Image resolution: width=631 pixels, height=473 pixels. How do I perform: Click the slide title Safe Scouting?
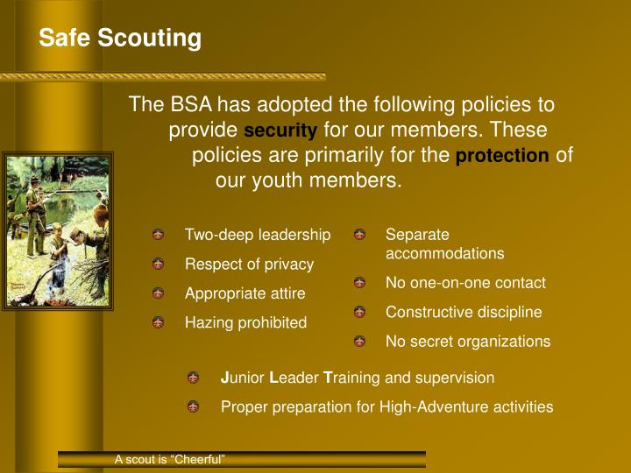click(120, 39)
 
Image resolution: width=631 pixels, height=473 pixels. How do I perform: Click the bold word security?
click(280, 131)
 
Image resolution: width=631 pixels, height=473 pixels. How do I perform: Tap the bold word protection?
click(503, 156)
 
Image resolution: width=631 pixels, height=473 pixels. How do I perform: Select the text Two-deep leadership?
click(257, 235)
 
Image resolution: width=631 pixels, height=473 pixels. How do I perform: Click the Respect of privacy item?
click(248, 264)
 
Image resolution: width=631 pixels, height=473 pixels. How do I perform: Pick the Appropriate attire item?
click(245, 293)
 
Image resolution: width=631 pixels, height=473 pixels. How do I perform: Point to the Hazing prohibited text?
click(245, 322)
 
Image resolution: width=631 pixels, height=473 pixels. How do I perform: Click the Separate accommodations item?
click(444, 244)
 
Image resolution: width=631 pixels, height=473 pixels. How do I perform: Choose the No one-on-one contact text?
click(465, 283)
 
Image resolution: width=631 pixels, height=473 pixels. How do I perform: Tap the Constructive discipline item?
click(464, 312)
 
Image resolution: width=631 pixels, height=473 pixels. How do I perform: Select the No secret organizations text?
click(468, 342)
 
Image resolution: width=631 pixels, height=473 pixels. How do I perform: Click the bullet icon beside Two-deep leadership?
click(158, 235)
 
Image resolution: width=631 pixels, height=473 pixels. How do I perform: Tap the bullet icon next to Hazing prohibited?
click(158, 322)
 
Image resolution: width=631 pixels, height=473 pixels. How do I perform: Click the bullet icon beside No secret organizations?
click(359, 342)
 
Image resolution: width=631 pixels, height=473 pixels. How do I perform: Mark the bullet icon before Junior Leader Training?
click(193, 378)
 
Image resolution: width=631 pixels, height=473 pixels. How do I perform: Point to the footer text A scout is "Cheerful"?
click(170, 460)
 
